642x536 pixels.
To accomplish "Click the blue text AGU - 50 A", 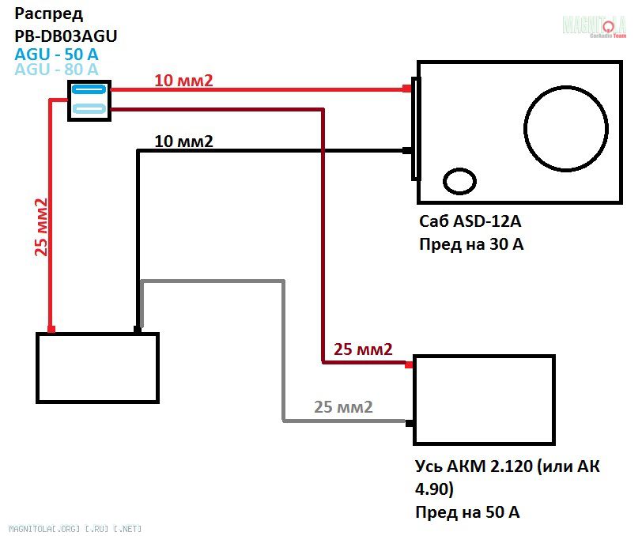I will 57,54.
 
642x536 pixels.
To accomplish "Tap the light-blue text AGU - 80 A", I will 57,70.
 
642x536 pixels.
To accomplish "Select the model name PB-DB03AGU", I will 66,36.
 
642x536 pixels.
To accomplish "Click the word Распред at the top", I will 49,15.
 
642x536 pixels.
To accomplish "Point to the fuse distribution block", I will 89,100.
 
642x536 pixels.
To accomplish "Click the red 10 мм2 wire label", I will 184,80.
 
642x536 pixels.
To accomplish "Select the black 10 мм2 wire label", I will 184,142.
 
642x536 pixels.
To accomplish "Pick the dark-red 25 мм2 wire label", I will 363,349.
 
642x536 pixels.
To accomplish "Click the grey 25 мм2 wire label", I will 343,408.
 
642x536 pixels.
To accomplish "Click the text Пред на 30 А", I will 471,244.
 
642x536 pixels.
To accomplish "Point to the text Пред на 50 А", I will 468,511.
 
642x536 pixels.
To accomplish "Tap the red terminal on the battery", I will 51,329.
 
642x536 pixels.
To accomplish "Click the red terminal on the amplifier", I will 410,364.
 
